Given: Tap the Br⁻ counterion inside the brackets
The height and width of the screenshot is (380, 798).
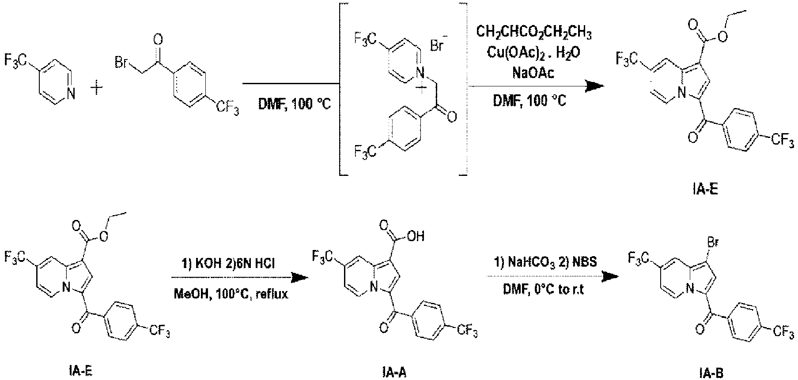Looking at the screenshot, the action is pyautogui.click(x=438, y=44).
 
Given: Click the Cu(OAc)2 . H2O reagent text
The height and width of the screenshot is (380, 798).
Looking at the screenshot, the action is pyautogui.click(x=533, y=52).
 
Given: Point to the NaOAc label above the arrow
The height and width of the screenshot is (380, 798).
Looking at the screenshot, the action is pyautogui.click(x=533, y=73).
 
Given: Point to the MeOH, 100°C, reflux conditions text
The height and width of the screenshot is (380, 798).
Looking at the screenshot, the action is pyautogui.click(x=230, y=294).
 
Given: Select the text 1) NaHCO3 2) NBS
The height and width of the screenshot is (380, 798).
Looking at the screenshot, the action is pyautogui.click(x=546, y=263).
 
